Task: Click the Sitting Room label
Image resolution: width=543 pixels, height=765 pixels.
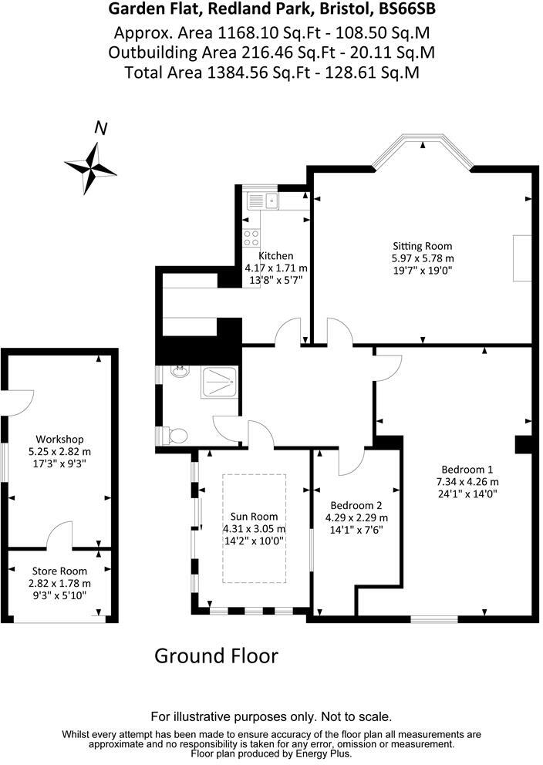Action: [x=423, y=246]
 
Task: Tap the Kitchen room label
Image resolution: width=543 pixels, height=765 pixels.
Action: [x=275, y=256]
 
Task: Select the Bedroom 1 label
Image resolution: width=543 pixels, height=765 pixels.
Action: [x=467, y=470]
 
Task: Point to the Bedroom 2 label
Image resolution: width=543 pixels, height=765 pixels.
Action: [x=355, y=506]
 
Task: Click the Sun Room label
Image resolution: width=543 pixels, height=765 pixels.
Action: [x=254, y=517]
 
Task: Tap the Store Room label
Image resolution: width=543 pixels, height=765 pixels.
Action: [x=59, y=571]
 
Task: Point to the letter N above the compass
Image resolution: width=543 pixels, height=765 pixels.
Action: [x=100, y=129]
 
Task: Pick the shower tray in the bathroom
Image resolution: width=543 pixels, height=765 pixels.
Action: [x=221, y=382]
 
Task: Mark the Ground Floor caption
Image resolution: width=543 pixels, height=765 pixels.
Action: [x=216, y=656]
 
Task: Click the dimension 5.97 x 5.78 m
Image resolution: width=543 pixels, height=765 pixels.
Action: [x=423, y=258]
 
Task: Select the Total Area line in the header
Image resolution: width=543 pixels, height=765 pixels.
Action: [x=271, y=72]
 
